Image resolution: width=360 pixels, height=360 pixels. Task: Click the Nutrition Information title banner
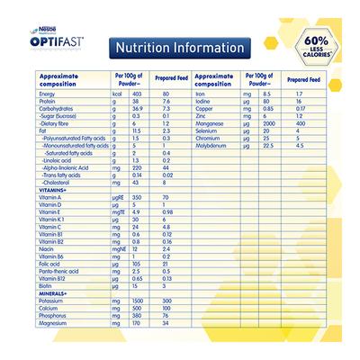176,47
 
